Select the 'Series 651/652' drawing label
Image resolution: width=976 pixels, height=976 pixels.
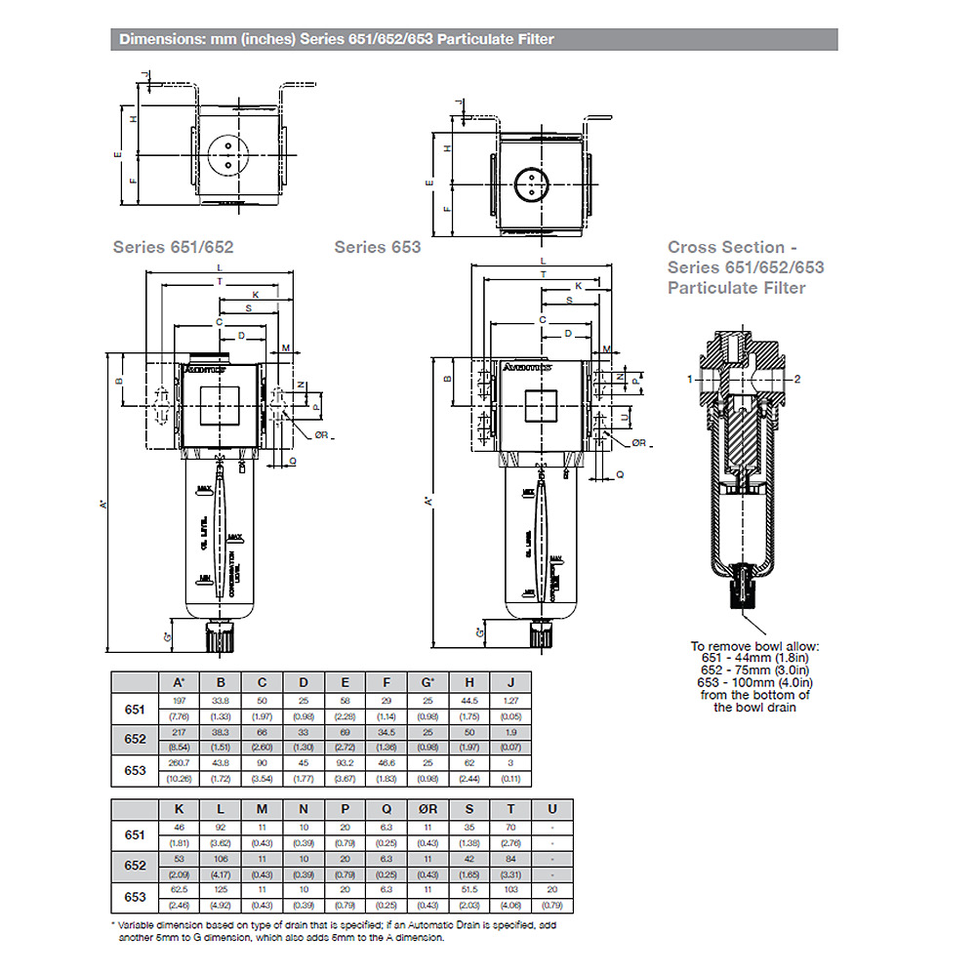173,247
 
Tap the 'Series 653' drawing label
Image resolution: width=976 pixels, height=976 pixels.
378,247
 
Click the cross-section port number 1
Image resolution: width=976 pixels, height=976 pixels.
689,379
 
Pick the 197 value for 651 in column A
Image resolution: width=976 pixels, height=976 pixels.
179,702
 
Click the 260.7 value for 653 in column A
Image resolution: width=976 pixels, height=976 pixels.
179,762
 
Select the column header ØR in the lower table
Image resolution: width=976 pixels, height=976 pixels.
427,809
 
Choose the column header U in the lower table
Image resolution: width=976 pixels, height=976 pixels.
552,809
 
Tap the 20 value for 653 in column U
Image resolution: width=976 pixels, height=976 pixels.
552,888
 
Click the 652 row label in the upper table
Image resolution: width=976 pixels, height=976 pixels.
135,739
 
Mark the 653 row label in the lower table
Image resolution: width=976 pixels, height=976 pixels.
135,896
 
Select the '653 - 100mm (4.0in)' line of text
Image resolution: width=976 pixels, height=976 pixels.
751,682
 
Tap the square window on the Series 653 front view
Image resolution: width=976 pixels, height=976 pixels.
540,405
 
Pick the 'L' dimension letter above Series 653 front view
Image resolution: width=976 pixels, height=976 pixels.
542,263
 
